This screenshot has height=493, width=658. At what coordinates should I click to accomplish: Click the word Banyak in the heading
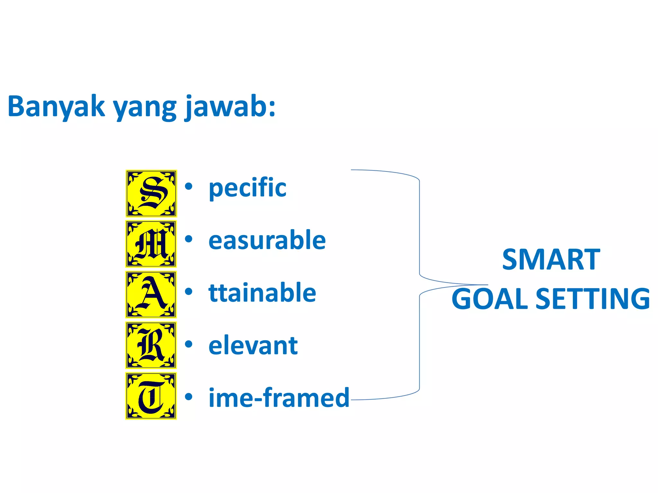pyautogui.click(x=56, y=107)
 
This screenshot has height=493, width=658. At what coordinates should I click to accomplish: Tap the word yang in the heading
pyautogui.click(x=145, y=108)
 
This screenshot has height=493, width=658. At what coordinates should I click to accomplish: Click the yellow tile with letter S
pyautogui.click(x=151, y=194)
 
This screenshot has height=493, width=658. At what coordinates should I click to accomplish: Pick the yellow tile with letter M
pyautogui.click(x=151, y=244)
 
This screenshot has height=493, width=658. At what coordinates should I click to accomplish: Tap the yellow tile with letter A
pyautogui.click(x=151, y=294)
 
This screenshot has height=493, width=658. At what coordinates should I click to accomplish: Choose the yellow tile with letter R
pyautogui.click(x=151, y=345)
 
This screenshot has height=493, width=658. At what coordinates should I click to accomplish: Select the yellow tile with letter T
pyautogui.click(x=151, y=396)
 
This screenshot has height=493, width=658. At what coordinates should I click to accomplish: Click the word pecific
pyautogui.click(x=247, y=188)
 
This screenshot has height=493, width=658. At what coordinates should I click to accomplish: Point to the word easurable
pyautogui.click(x=267, y=240)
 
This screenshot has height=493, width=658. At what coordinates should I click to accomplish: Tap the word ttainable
pyautogui.click(x=262, y=293)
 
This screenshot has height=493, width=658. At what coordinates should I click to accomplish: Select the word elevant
pyautogui.click(x=253, y=346)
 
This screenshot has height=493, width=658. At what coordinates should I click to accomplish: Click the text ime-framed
pyautogui.click(x=279, y=398)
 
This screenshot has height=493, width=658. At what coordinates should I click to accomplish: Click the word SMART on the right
pyautogui.click(x=551, y=259)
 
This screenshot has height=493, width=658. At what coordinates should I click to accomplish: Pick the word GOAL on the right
pyautogui.click(x=490, y=299)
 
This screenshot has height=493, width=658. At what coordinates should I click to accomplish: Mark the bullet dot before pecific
pyautogui.click(x=189, y=186)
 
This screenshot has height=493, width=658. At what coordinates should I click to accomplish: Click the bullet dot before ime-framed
pyautogui.click(x=189, y=397)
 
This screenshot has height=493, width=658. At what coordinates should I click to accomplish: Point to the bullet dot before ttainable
pyautogui.click(x=189, y=291)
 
